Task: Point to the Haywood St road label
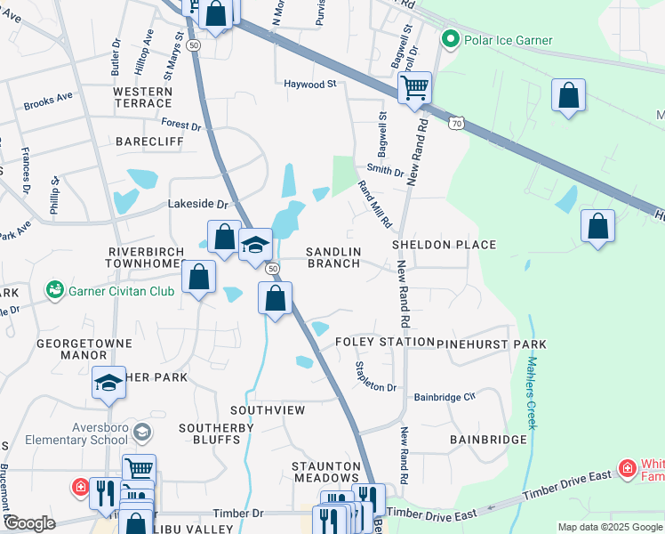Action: click(x=310, y=85)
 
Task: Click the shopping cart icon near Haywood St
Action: click(x=414, y=88)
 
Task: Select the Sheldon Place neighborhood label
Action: click(x=445, y=245)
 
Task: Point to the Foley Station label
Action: click(x=384, y=343)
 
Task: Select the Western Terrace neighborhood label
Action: click(x=142, y=98)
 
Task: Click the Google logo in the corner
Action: click(x=29, y=523)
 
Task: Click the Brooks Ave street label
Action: click(x=48, y=104)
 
